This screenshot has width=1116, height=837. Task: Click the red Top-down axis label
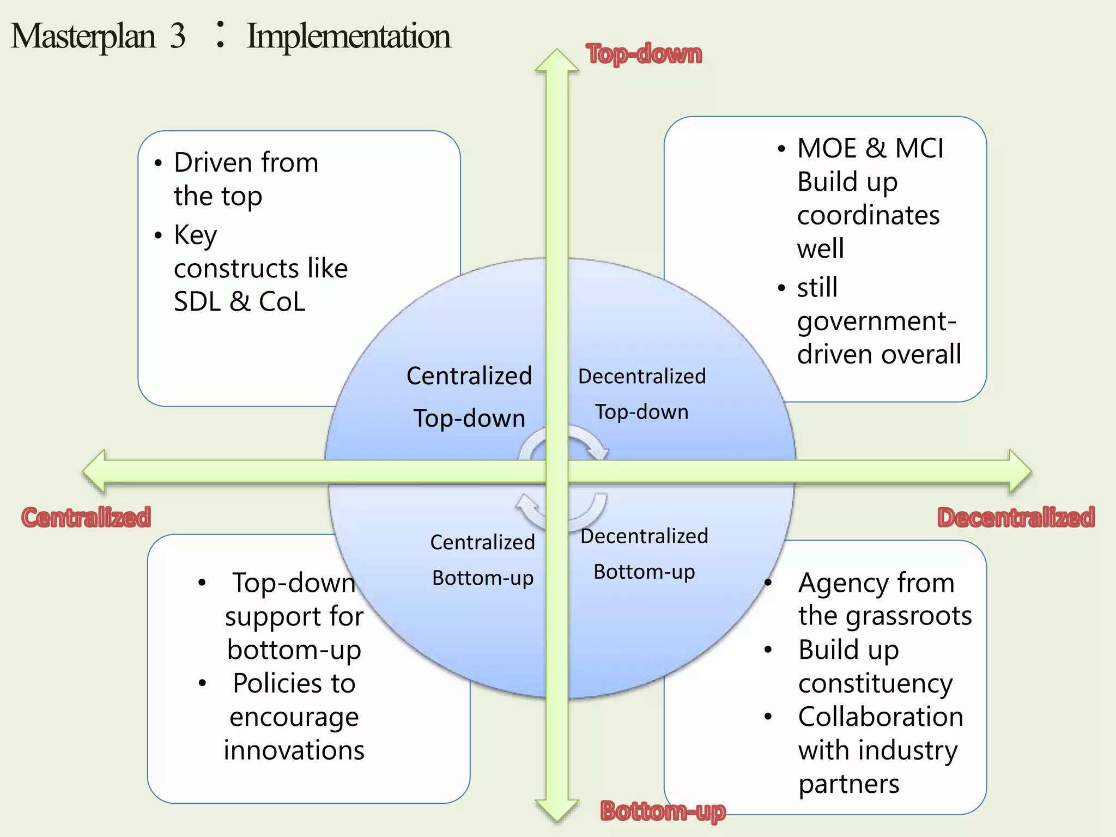coord(644,54)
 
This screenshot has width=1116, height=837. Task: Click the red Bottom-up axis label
coord(663,811)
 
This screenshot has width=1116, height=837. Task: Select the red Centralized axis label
coord(86,517)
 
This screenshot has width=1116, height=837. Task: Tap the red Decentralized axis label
coord(1016,517)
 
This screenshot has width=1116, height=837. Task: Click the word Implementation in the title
coord(348,37)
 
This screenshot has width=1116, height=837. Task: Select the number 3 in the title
coord(178,37)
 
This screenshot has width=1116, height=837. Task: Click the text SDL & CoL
coord(239,302)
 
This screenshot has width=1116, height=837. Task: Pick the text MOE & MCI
coord(870,148)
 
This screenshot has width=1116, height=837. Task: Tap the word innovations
coord(294,750)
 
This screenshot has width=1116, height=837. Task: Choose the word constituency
coord(875,683)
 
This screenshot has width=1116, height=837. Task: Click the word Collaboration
coord(881,717)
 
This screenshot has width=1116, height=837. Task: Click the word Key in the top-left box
coord(195,235)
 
